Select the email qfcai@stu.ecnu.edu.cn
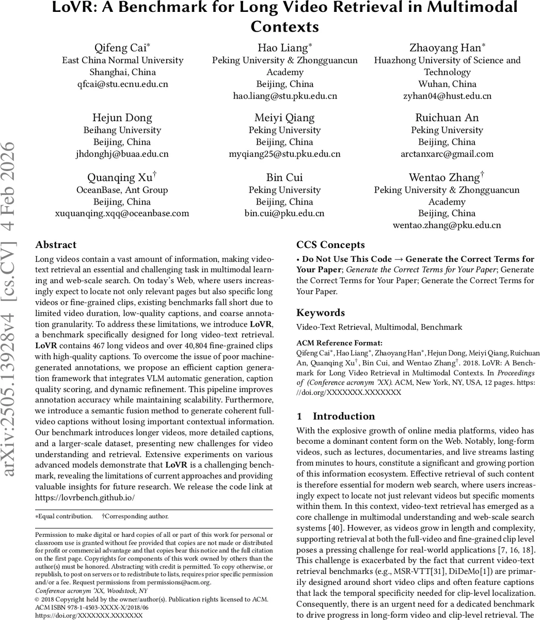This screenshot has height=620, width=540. coord(122,84)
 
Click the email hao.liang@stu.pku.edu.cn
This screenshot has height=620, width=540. coord(285,96)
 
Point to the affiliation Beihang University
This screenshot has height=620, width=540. coord(122,130)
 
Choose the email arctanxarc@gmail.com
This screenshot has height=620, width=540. coord(447,154)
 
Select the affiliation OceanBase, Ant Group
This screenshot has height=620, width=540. coord(122,190)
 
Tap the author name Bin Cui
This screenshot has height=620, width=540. coord(285,178)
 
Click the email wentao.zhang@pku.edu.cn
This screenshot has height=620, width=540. coord(447,225)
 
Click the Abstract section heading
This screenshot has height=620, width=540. coord(56,245)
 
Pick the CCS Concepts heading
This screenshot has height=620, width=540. coord(330,245)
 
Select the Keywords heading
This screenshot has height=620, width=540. coord(320,313)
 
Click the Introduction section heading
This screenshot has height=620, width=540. coord(343,416)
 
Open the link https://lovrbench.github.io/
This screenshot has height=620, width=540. coord(85,498)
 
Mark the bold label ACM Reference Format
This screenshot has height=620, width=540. coord(339,343)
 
